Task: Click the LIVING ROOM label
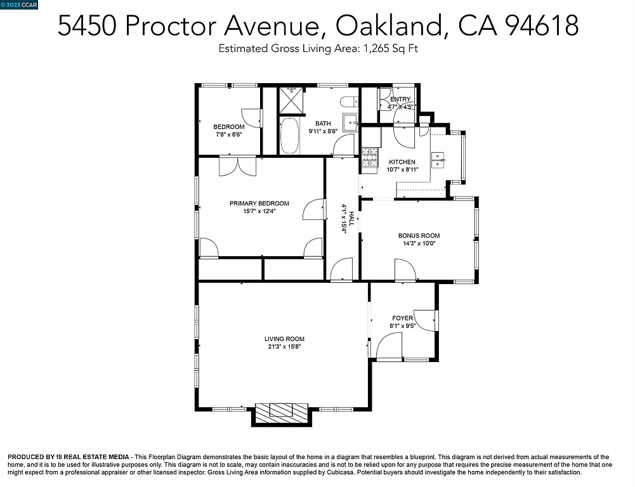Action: [x=285, y=339]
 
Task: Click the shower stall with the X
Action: [x=291, y=100]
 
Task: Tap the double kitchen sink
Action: [x=438, y=160]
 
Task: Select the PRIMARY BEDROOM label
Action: [x=259, y=204]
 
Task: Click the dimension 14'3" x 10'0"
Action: [x=419, y=243]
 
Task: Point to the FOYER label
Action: [x=402, y=318]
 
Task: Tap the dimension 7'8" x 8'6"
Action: [x=228, y=134]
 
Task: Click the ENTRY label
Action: [x=400, y=99]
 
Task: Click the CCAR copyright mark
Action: [x=20, y=4]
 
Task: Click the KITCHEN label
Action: [x=402, y=162]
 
